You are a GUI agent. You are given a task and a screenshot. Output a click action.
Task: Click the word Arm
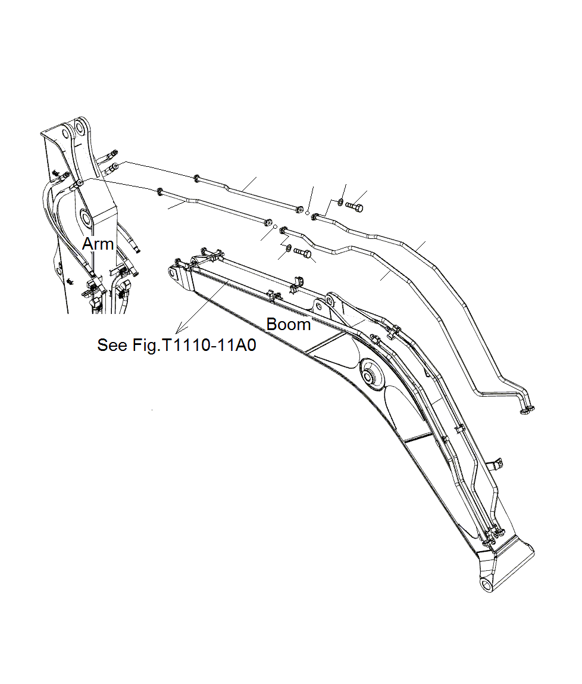pyautogui.click(x=98, y=244)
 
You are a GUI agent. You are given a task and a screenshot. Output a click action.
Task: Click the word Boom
pyautogui.click(x=288, y=325)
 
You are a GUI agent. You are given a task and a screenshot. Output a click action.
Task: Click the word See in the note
pyautogui.click(x=111, y=346)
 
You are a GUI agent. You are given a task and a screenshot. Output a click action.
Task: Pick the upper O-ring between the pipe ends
pyautogui.click(x=307, y=211)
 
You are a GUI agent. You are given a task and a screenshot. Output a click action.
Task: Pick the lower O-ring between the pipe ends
pyautogui.click(x=274, y=227)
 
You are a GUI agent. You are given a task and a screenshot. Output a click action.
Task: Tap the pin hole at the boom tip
pyautogui.click(x=174, y=274)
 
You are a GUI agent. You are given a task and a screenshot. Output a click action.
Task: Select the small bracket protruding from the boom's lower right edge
pyautogui.click(x=496, y=463)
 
